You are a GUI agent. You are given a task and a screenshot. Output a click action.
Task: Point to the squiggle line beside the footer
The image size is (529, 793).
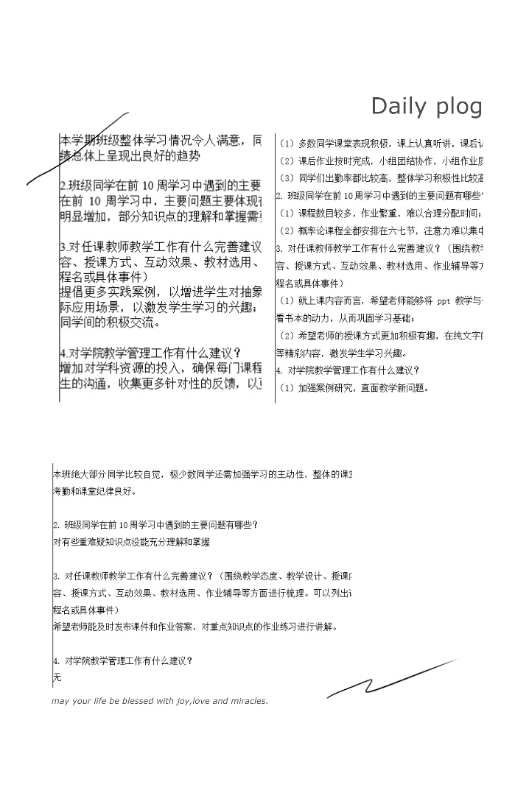(390, 679)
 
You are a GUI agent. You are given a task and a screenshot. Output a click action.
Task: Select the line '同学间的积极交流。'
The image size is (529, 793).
(111, 322)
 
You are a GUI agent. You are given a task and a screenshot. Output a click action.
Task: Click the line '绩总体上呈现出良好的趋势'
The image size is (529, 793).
(130, 155)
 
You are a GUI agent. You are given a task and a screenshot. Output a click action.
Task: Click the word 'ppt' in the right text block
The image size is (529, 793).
(443, 301)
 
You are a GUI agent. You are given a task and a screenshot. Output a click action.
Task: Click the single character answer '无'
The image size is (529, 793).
(57, 677)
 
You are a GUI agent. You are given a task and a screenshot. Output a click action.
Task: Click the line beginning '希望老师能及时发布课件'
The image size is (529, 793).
(195, 627)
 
